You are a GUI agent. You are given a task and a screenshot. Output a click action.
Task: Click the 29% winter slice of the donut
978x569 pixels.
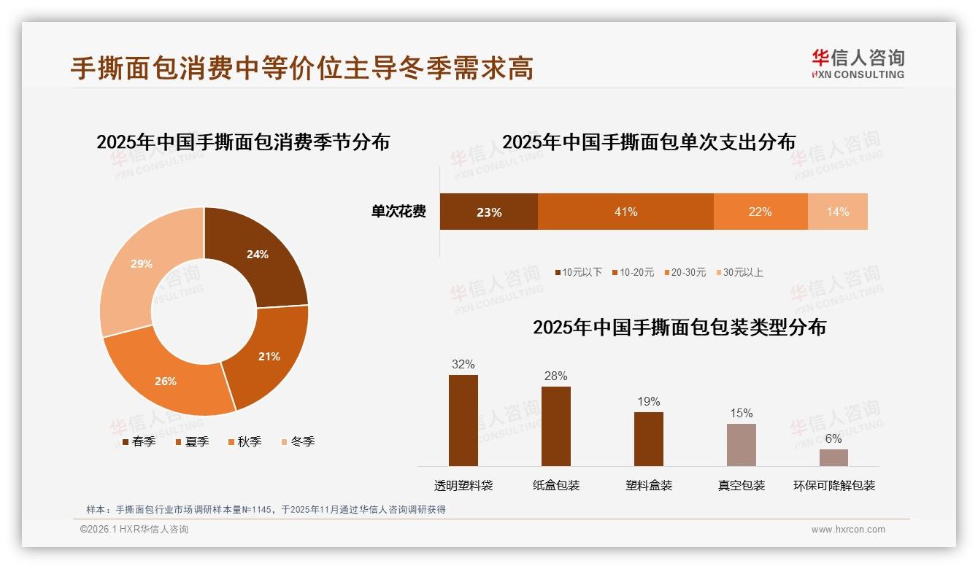coord(139,266)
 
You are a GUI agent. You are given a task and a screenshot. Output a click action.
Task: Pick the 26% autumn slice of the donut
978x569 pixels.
coord(168,379)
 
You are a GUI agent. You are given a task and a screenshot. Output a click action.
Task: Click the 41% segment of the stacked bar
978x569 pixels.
coord(625,212)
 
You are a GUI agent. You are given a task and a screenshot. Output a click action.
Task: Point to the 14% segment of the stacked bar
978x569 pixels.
coord(838,212)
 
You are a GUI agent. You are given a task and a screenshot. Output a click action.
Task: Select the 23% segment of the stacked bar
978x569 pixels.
coord(488,212)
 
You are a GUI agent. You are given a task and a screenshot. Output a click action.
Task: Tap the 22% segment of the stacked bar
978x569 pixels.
coord(760,212)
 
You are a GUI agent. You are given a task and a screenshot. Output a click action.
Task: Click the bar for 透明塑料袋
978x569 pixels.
coord(463,420)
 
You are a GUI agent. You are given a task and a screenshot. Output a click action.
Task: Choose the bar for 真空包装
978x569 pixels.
coord(741,444)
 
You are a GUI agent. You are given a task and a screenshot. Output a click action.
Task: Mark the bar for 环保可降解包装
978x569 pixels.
coord(833,457)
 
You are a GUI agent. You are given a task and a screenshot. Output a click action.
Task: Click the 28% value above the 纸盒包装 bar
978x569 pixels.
coord(555,376)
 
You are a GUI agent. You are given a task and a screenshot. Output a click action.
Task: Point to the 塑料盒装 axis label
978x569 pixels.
coord(649,486)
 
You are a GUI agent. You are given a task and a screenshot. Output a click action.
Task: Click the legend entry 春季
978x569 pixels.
coord(139,441)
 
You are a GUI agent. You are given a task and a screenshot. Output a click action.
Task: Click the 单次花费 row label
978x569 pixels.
coord(398,212)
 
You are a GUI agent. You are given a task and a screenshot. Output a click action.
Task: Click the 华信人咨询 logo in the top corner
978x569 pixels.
coord(858,63)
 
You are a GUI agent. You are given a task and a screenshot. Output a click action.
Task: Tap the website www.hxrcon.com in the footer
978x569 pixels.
coord(848,530)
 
